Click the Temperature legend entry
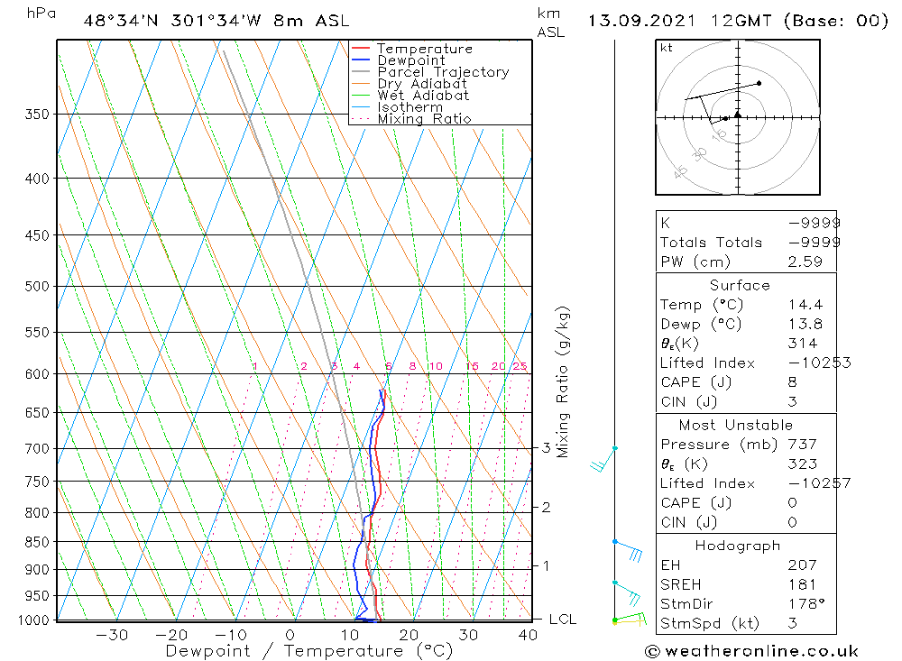coord(424,49)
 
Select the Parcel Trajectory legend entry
coord(443,72)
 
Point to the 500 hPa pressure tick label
coord(37,287)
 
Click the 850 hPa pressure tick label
coord(37,542)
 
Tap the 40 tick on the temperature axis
coord(528,635)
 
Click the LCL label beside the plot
coord(562,620)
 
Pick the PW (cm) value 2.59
coord(805,262)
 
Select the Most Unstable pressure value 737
coord(802,445)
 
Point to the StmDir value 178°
coord(804,603)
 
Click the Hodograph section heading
coord(739,546)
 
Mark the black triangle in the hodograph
coord(738,115)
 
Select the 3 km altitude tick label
coord(547,448)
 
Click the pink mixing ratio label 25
coord(520,366)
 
